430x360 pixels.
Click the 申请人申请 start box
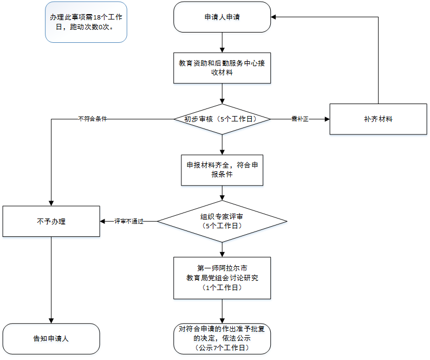(x=222, y=17)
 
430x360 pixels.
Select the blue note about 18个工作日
(x=86, y=22)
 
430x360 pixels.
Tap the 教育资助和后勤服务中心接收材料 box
(x=222, y=68)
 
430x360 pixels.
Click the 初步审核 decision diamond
(x=222, y=119)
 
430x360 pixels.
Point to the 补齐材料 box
(x=378, y=119)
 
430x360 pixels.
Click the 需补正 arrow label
(x=299, y=119)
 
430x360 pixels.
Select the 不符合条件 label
(x=92, y=119)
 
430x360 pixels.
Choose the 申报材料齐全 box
(x=222, y=170)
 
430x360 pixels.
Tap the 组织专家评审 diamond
(x=222, y=221)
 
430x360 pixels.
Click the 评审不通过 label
(x=128, y=221)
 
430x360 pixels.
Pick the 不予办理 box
(x=51, y=221)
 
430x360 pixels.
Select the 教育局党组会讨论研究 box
(x=222, y=278)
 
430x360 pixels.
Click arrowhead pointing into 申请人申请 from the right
(x=274, y=17)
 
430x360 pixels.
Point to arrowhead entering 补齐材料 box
(x=327, y=119)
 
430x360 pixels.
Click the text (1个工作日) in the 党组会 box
(x=222, y=288)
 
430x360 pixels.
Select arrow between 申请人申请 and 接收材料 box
(x=222, y=42)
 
